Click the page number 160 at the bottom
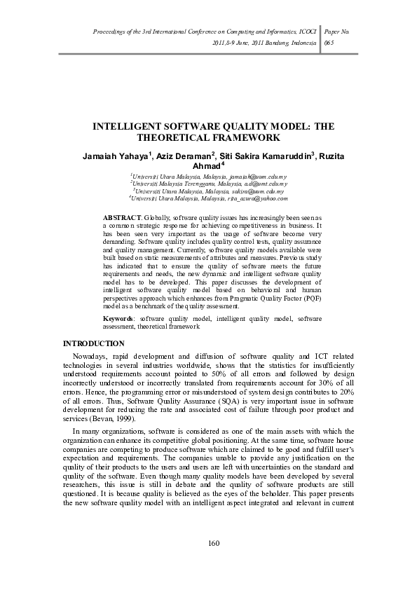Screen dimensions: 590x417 209,544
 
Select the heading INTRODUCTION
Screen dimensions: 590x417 94,343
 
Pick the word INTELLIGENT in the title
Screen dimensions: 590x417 129,128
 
